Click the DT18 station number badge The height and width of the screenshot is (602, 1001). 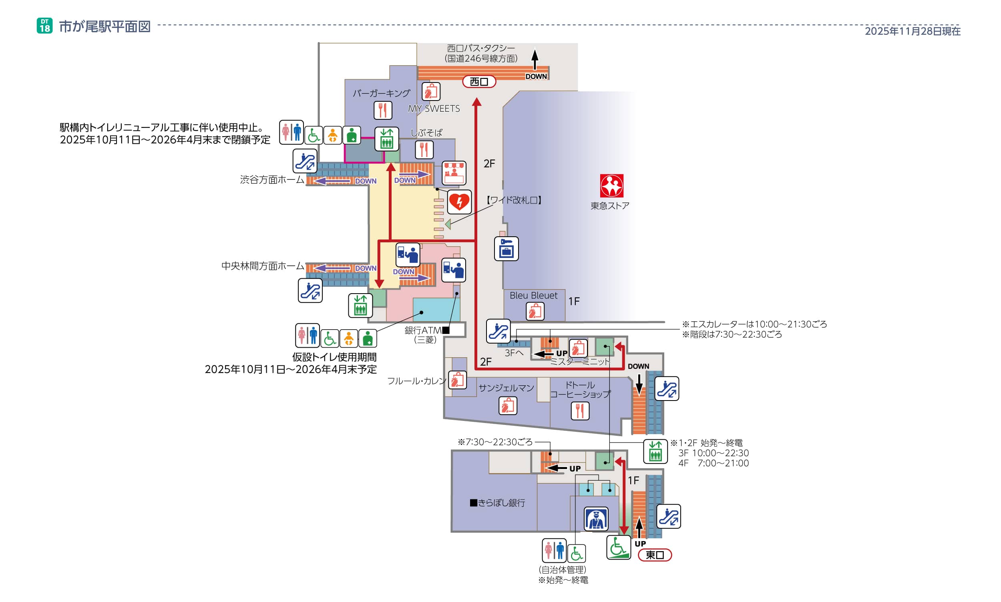[44, 26]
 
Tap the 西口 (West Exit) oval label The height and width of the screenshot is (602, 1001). [479, 82]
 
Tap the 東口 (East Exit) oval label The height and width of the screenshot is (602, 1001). [654, 555]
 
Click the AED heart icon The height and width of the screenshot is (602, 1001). [459, 201]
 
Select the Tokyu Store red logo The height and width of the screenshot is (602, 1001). [611, 186]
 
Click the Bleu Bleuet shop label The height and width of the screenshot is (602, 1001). [533, 295]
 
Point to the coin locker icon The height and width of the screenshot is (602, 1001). [506, 248]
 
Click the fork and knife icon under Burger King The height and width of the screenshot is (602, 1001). [383, 110]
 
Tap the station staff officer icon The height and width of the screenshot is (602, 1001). [595, 519]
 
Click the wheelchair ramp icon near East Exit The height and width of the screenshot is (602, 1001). [618, 547]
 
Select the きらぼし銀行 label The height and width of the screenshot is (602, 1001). [497, 503]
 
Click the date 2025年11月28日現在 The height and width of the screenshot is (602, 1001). [912, 31]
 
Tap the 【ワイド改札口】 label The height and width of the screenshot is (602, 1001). [514, 200]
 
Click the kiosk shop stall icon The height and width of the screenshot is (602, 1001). [454, 173]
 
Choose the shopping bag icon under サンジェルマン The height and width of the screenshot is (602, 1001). [508, 405]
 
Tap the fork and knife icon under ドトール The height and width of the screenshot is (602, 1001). [580, 411]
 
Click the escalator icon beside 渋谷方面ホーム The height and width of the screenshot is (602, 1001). [304, 161]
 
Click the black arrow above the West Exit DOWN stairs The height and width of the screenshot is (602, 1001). [535, 59]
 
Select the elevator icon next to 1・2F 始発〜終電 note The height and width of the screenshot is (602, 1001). [655, 451]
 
